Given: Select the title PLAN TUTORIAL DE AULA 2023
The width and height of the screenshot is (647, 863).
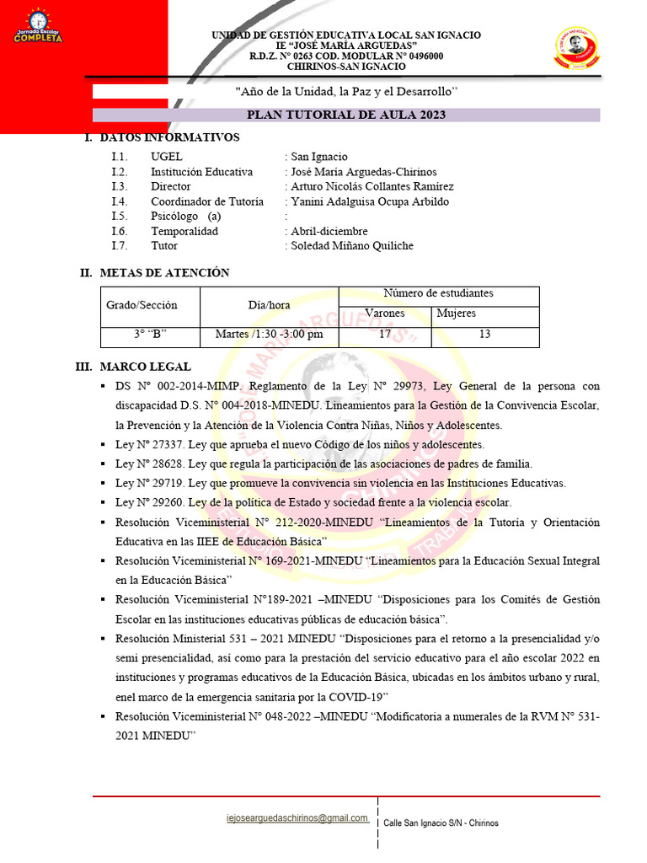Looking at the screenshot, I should click(346, 115).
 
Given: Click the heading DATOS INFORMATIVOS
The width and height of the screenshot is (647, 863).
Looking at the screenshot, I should click(169, 137).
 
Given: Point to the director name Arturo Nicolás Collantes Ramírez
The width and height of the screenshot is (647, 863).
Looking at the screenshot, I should click(372, 186).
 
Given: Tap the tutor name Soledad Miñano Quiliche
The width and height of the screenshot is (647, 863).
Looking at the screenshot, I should click(352, 245).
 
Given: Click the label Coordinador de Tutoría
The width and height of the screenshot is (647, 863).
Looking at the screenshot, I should click(207, 201).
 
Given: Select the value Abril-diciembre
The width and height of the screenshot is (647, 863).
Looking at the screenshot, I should click(329, 231).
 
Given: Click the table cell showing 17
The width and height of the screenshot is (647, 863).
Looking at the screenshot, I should click(384, 335).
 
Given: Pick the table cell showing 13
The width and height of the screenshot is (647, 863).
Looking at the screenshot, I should click(484, 335).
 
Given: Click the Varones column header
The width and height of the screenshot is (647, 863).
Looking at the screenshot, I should click(384, 314).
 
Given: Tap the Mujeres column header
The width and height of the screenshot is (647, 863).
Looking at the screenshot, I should click(456, 314).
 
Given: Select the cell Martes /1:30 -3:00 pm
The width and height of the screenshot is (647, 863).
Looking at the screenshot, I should click(270, 335).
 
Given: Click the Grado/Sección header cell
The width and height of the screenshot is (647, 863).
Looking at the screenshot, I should click(142, 305).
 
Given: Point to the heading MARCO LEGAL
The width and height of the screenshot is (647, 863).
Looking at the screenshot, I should click(145, 367).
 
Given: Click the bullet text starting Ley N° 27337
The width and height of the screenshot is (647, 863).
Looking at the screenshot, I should click(311, 444).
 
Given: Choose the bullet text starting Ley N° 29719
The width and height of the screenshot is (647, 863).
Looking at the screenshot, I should click(340, 483).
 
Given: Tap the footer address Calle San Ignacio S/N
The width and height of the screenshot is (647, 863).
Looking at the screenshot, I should click(441, 823).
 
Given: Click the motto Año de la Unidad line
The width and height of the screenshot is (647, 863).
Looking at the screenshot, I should click(346, 91).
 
